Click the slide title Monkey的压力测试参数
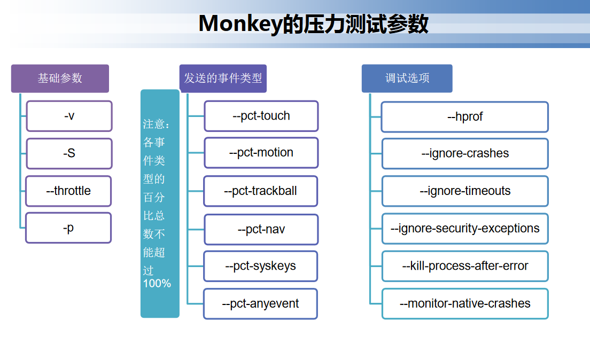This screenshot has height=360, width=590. point(313,24)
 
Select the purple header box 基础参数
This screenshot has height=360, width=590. point(60,79)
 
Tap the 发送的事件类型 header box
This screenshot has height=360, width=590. point(223,79)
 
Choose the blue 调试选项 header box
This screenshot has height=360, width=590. point(407,79)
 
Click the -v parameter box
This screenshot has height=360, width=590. point(69,116)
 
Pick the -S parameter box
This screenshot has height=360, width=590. point(69,153)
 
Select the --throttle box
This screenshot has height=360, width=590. point(68,191)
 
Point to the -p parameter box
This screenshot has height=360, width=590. point(68,228)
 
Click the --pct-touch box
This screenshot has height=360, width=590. point(261,116)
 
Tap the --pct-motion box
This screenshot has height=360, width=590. point(261,153)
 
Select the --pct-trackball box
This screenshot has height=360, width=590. point(260,191)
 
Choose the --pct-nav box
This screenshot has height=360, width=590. point(261,230)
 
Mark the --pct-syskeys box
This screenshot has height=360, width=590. point(260,266)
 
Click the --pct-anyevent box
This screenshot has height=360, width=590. point(260,304)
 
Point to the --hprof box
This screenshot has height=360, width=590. point(464,117)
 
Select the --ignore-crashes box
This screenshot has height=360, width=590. point(465,154)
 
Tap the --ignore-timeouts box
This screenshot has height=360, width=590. point(465,191)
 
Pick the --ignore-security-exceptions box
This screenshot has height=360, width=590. point(465,229)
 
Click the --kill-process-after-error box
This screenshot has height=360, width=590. point(465,266)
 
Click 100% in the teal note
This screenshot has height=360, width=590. point(157,284)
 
